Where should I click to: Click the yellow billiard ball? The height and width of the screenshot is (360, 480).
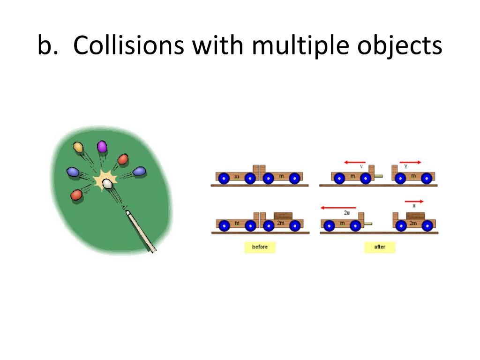click(x=78, y=148)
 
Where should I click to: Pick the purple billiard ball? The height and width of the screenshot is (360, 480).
click(x=102, y=147)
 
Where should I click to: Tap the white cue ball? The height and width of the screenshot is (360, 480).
click(x=107, y=183)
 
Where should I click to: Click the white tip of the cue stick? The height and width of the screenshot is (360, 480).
click(x=128, y=213)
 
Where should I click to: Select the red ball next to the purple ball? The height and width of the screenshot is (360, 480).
click(x=123, y=159)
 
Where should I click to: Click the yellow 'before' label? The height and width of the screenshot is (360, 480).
click(x=260, y=247)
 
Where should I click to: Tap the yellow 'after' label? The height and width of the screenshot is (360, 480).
click(x=380, y=247)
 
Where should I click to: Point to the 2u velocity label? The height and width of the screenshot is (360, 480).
click(x=347, y=213)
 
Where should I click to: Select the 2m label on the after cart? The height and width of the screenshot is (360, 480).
click(x=413, y=224)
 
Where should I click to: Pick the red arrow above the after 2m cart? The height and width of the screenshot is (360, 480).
click(x=414, y=201)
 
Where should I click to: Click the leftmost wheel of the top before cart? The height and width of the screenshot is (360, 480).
click(x=224, y=178)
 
